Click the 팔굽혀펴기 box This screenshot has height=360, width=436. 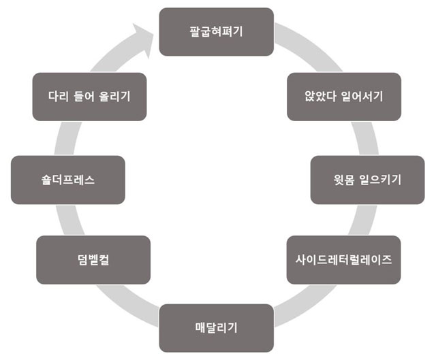coord(216,31)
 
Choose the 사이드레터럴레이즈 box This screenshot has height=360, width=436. coord(344,259)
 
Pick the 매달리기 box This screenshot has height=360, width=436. coord(216,328)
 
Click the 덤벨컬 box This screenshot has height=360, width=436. coord(93,259)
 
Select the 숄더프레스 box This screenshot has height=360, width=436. coord(68,180)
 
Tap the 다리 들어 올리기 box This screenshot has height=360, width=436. coord(89,96)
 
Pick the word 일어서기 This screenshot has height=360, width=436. coord(359,96)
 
